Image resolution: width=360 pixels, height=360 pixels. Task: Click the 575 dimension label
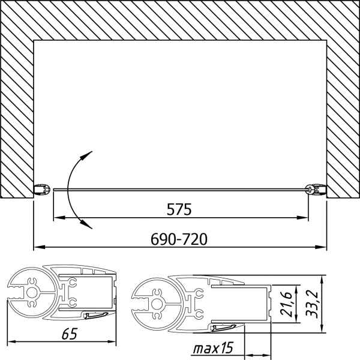click(x=179, y=209)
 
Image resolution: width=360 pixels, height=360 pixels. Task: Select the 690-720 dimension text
click(x=179, y=239)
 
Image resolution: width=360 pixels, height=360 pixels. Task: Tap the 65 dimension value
click(x=70, y=334)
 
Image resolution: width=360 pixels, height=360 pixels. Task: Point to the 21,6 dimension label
click(x=286, y=304)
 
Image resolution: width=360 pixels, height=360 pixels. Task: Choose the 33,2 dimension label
click(x=312, y=304)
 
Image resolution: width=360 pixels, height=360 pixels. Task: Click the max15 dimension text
click(x=213, y=348)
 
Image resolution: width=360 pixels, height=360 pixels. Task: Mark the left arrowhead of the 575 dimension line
click(x=59, y=217)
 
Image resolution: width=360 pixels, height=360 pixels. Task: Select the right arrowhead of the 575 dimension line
click(x=302, y=217)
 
